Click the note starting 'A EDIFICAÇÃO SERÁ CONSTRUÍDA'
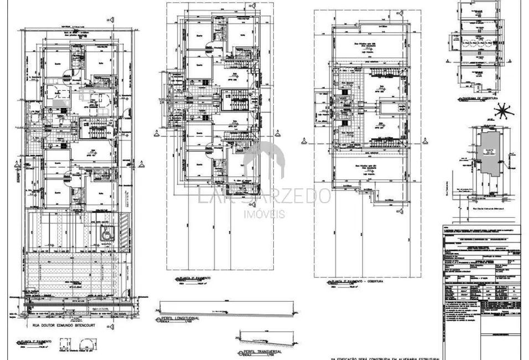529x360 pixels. coord(387,357)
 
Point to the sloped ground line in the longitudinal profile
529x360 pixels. coord(221,306)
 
